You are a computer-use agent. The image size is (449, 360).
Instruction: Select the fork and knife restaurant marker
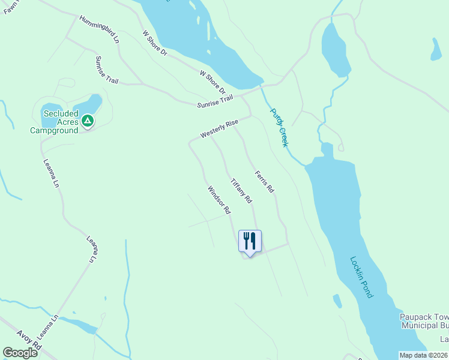tap(250, 241)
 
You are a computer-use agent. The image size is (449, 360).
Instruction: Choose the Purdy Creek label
tap(279, 127)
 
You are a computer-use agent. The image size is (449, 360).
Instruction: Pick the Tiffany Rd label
tap(241, 190)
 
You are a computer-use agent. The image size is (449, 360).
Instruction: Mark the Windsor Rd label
tap(219, 200)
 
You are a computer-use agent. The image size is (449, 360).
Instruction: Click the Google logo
tap(20, 353)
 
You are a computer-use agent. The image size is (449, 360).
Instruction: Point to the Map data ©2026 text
tap(424, 355)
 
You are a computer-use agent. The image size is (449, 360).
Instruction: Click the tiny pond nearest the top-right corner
tap(436, 50)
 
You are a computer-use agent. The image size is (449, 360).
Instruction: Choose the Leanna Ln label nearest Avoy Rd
tap(48, 332)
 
